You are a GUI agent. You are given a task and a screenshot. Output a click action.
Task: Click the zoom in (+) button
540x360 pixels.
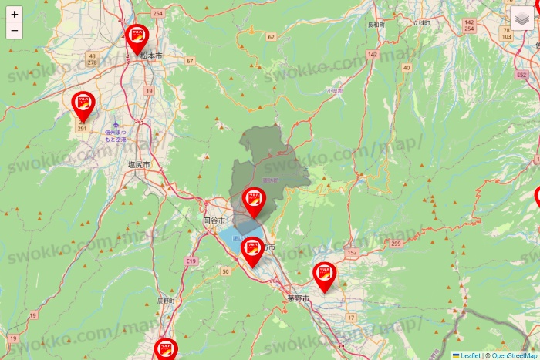coord(14,14)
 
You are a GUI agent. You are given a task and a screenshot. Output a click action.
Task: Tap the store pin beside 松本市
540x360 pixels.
coord(137,36)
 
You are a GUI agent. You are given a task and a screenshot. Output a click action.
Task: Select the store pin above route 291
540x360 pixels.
coord(83,103)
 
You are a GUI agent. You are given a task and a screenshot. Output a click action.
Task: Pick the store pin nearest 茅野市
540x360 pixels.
coord(324,274)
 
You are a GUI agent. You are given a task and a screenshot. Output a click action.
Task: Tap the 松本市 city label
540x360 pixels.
coord(152,56)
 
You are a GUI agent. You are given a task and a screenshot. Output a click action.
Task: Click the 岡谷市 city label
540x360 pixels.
coord(213,220)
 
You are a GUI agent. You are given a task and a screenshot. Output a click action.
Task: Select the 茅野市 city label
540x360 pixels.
coord(298,298)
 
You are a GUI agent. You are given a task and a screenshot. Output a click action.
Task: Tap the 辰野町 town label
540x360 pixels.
coord(167,300)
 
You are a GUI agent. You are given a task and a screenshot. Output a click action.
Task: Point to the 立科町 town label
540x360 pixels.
coord(420,24)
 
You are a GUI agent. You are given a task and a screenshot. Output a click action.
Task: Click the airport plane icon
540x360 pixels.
coord(116,124)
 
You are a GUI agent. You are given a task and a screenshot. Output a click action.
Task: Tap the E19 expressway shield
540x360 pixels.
coord(191,262)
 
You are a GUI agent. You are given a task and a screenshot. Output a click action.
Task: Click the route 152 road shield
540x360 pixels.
coord(353,253)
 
